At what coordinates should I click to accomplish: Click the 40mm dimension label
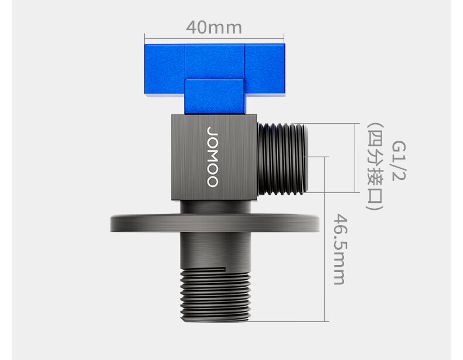214,27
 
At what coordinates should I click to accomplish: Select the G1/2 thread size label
399,161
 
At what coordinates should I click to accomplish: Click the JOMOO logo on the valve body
213,157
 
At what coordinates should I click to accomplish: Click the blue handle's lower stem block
215,97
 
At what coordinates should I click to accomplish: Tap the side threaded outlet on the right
282,159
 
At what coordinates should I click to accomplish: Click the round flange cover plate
215,223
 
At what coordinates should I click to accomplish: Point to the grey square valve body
214,157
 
